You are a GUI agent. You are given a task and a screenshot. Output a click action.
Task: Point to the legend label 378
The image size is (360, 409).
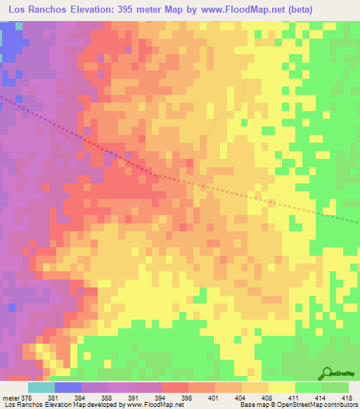(29, 397)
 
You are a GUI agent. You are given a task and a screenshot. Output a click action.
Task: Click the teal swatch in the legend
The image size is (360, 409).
(41, 387)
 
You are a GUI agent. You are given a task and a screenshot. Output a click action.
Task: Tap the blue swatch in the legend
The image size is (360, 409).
(68, 387)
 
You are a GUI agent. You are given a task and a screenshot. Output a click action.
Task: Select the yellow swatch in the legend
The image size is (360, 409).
(282, 387)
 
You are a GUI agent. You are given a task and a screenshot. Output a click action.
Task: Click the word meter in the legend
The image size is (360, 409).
(11, 397)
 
